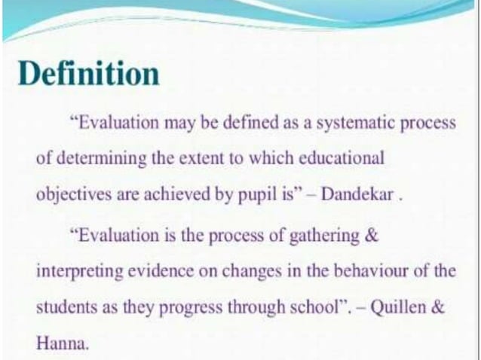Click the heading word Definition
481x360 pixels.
pos(89,75)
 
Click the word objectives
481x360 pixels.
pos(66,194)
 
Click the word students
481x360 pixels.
pos(61,308)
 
